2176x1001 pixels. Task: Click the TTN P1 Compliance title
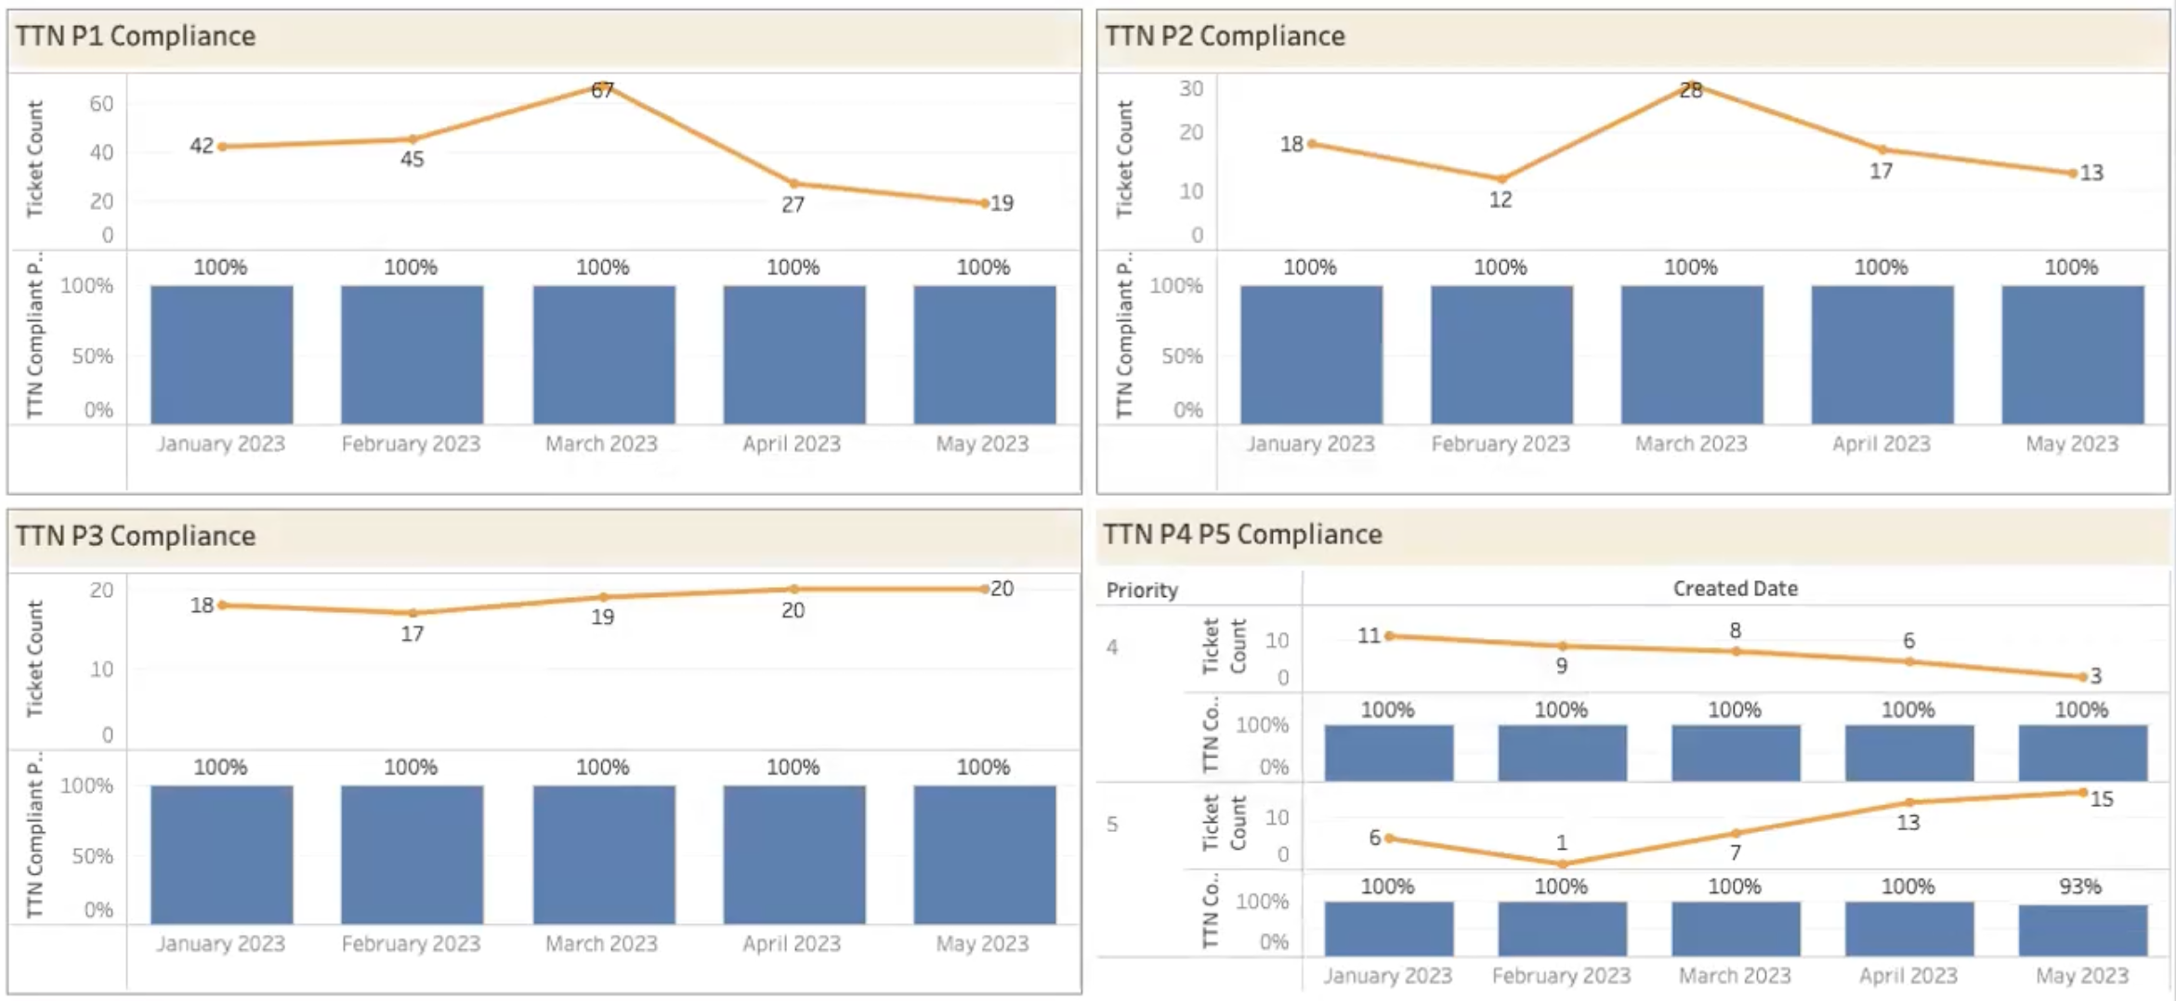[x=136, y=36]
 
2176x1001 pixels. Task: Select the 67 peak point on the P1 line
[x=602, y=87]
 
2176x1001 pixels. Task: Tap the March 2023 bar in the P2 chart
[x=1691, y=355]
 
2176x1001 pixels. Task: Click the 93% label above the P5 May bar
[x=2079, y=886]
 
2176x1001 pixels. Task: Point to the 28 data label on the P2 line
[x=1691, y=91]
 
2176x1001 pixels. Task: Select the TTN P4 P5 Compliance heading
[x=1242, y=535]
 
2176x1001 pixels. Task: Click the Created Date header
[x=1735, y=588]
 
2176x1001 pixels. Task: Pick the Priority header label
[x=1141, y=591]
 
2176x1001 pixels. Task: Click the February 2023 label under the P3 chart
[x=411, y=943]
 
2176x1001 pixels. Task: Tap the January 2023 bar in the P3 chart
[x=221, y=854]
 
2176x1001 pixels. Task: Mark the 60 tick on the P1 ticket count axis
[x=101, y=104]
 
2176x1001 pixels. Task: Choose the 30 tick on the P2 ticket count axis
[x=1191, y=88]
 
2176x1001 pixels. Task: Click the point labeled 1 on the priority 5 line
[x=1562, y=864]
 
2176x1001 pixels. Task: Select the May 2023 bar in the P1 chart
[x=984, y=355]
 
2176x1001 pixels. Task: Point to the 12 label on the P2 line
[x=1501, y=200]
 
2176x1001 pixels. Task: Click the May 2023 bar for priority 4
[x=2082, y=753]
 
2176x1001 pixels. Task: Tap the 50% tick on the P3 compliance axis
[x=92, y=856]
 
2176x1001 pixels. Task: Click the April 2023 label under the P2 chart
[x=1881, y=444]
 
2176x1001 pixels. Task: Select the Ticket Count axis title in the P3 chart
[x=34, y=658]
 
